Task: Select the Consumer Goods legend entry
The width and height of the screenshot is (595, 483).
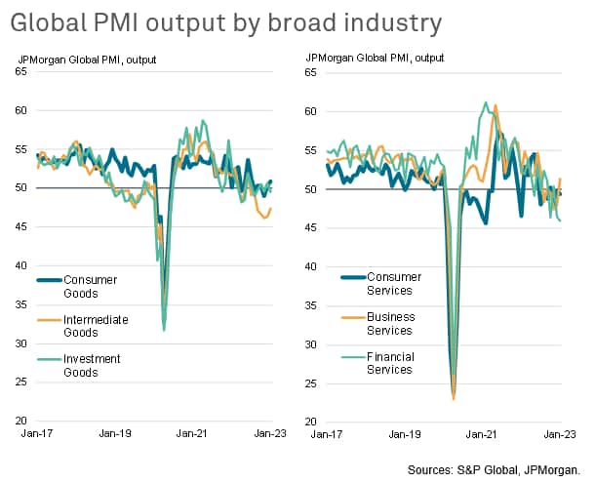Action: click(90, 287)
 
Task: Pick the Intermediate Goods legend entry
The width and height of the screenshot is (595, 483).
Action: click(96, 326)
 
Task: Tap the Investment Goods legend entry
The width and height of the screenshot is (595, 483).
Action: click(92, 366)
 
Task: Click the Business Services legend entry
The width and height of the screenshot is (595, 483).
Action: click(390, 324)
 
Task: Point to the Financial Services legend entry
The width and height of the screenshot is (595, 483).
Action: click(391, 363)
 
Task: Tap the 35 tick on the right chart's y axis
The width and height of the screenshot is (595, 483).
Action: click(312, 305)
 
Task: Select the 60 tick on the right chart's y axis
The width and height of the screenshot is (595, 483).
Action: click(312, 111)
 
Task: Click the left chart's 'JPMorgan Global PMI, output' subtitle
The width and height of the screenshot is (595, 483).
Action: click(88, 60)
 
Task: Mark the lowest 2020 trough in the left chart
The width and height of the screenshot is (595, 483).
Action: click(164, 331)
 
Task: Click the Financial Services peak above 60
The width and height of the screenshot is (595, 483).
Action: click(486, 101)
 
